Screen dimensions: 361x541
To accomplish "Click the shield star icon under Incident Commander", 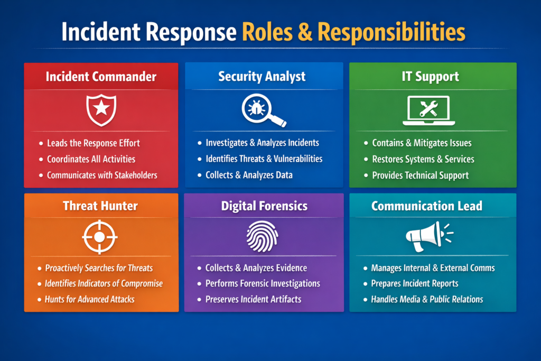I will (x=100, y=109).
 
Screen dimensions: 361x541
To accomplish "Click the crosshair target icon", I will (x=100, y=236).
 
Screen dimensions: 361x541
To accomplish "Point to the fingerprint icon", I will (x=262, y=236).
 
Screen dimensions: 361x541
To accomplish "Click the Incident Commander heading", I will (x=101, y=76).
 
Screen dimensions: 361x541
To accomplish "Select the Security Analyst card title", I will (x=262, y=76).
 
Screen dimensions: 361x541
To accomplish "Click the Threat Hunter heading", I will (x=100, y=206).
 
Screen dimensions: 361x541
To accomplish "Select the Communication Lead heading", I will (x=426, y=206).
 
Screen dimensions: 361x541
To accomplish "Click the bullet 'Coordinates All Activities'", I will (x=91, y=159).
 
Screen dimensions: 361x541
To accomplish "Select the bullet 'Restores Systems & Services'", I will (x=423, y=159).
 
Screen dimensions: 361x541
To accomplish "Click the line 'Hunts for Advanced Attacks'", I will (x=90, y=299).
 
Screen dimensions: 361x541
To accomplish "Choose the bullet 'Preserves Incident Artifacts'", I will (x=253, y=299).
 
